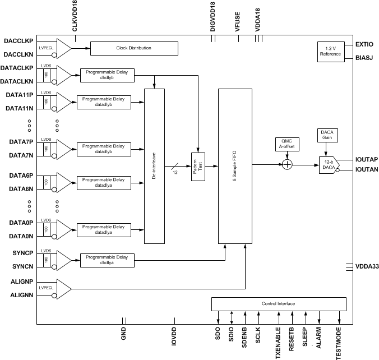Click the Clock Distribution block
pos(133,48)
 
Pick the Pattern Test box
pos(199,166)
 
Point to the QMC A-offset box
pos(286,145)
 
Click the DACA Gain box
pos(326,135)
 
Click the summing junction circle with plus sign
pos(286,164)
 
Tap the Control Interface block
pos(278,304)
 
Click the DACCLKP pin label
pos(18,41)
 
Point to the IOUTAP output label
pos(366,159)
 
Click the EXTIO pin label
pos(365,44)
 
